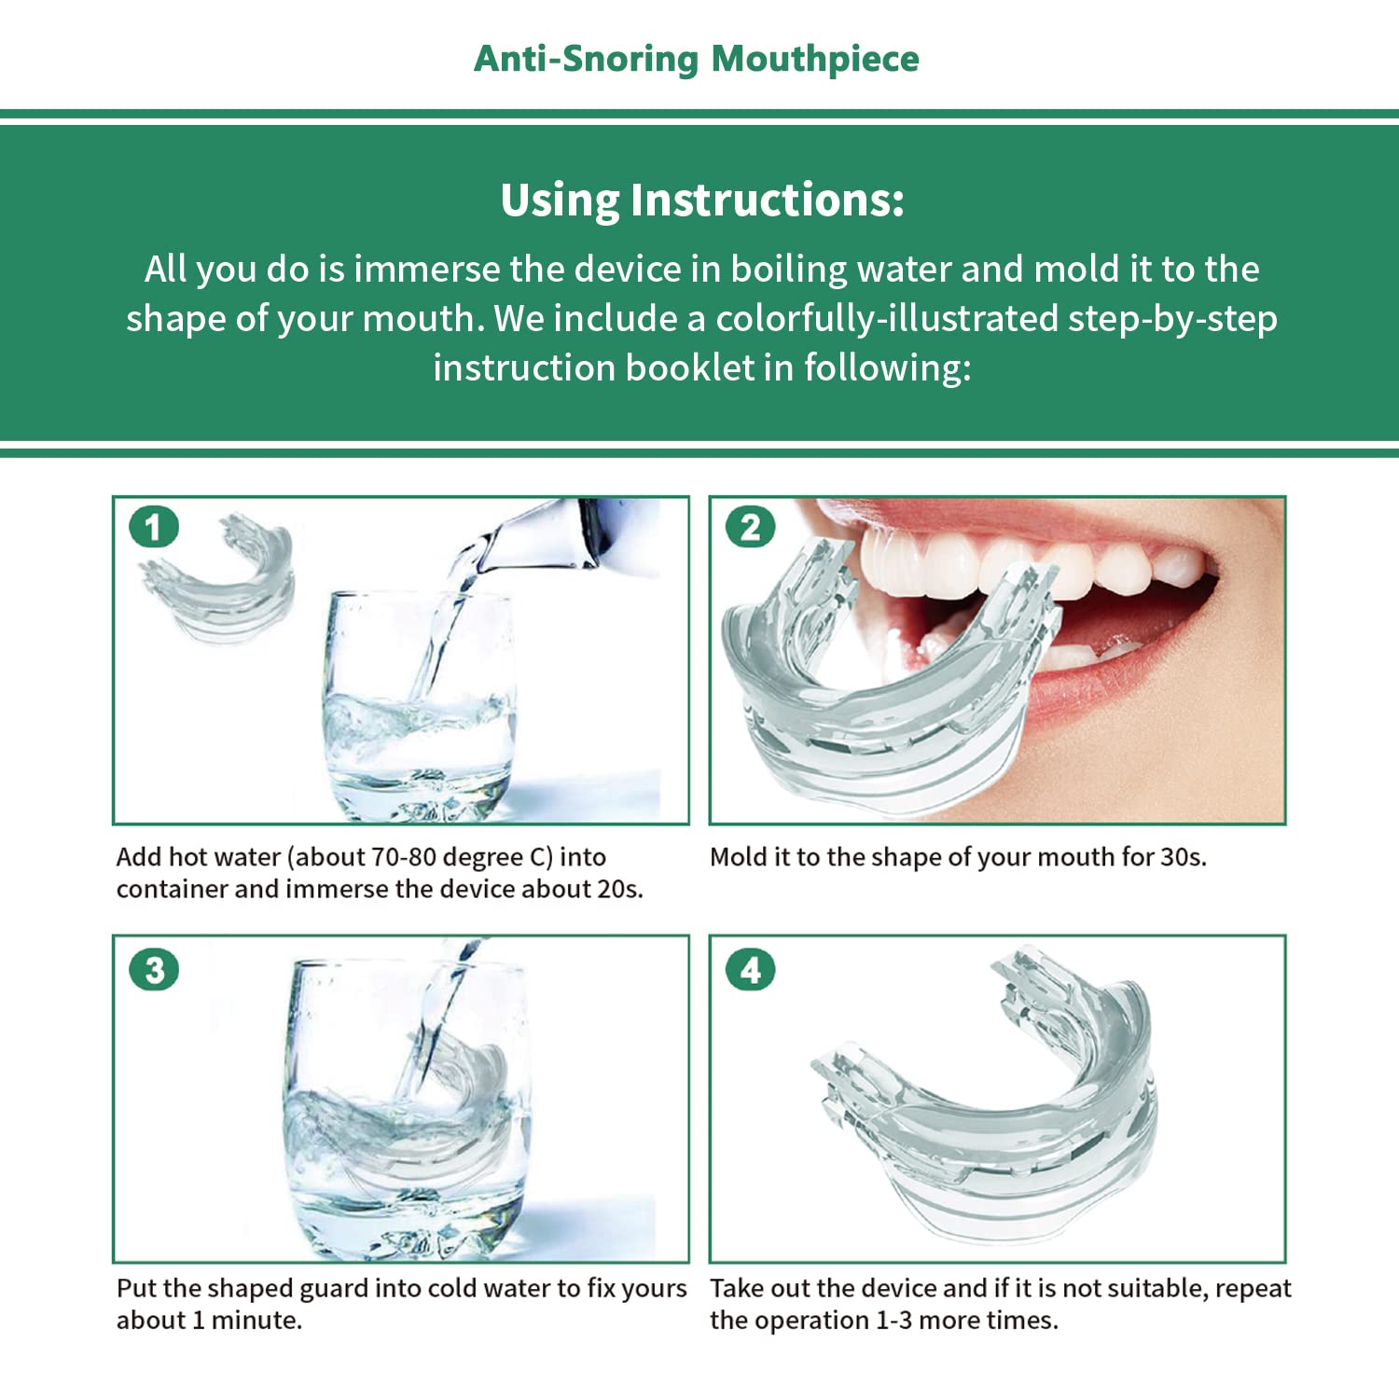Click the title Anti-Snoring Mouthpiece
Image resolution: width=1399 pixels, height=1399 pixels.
696,58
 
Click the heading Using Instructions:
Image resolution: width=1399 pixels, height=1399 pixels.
701,200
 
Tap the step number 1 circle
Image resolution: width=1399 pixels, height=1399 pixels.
154,528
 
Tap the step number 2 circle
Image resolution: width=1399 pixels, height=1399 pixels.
751,528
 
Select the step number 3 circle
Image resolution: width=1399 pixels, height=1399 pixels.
154,970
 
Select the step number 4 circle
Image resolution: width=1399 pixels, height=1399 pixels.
751,970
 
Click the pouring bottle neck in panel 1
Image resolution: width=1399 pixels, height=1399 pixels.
550,536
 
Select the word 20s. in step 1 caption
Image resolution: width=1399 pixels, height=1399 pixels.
619,889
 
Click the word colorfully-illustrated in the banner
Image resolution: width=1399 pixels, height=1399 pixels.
886,318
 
